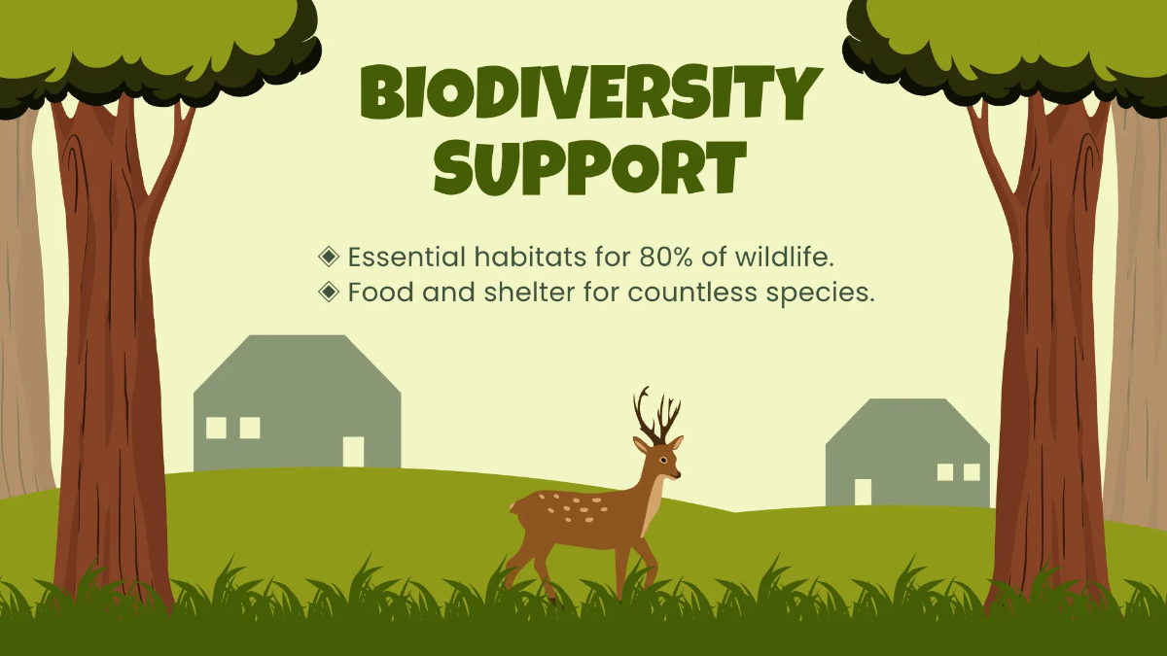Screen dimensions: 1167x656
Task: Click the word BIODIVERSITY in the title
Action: coord(591,93)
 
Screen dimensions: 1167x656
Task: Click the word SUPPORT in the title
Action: coord(591,167)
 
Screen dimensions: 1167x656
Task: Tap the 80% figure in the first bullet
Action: coord(666,257)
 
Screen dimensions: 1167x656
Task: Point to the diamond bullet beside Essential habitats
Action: coord(329,257)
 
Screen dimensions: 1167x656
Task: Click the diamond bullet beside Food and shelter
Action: coord(329,292)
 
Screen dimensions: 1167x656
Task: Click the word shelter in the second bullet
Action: coord(529,292)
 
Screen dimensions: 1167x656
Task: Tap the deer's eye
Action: coord(662,461)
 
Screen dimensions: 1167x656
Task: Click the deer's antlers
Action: coord(657,417)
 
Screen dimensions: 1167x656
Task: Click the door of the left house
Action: coord(353,452)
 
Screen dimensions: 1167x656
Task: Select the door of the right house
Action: coord(863,492)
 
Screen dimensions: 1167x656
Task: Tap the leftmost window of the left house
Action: coord(216,428)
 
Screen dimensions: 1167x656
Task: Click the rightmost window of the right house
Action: coord(972,472)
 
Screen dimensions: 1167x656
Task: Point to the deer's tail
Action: coord(514,506)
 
